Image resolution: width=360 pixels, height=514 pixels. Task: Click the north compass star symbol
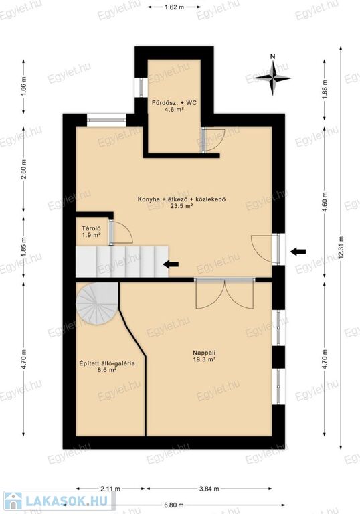coord(272,78)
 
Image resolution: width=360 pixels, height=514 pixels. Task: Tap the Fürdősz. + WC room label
coord(174,106)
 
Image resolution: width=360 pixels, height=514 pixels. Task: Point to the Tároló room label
coord(91,232)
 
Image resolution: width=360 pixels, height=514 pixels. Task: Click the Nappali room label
coord(204,356)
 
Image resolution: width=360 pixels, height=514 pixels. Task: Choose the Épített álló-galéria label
coord(107,367)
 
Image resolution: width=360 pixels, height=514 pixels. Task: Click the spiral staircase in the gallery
coord(97,303)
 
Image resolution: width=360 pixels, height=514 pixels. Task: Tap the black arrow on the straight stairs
coord(171,264)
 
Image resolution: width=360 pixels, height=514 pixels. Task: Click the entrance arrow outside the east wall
coord(298,252)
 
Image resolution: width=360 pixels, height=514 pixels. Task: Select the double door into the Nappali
coord(225,294)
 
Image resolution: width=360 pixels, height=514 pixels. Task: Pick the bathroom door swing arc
coord(213,140)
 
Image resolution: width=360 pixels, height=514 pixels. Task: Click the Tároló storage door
coord(120,232)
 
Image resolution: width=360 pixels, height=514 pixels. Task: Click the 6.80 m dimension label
coord(174,505)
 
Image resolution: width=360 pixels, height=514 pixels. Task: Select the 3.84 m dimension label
coord(209,489)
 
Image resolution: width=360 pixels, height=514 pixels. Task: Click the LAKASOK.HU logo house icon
coord(13,501)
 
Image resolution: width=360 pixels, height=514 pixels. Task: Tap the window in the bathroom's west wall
coord(141,88)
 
